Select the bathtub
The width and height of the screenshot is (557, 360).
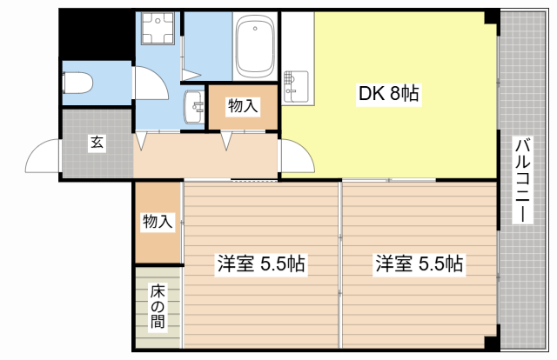[255, 48]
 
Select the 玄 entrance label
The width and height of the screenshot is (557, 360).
[96, 143]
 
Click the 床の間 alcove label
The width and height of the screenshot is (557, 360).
[157, 306]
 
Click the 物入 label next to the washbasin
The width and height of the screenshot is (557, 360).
[243, 106]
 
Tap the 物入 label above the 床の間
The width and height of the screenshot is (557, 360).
[158, 223]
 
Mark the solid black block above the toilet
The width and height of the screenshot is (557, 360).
[96, 35]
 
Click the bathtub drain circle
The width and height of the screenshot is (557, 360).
[255, 29]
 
